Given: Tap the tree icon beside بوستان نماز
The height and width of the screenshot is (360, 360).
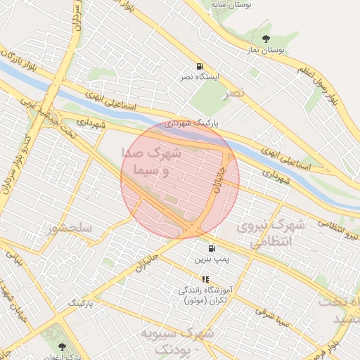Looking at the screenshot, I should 266,39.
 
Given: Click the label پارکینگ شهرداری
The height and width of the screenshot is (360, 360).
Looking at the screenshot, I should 192,122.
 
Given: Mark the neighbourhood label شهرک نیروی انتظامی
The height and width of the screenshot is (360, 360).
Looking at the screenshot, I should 271,233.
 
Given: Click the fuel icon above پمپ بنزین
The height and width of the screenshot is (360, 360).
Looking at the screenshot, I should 212,249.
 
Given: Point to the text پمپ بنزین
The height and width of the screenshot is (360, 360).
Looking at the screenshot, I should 212,260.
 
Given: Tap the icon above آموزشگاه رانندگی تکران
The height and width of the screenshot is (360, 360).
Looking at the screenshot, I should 205,279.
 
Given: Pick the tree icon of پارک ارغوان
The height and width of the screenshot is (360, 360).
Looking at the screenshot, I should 63,347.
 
